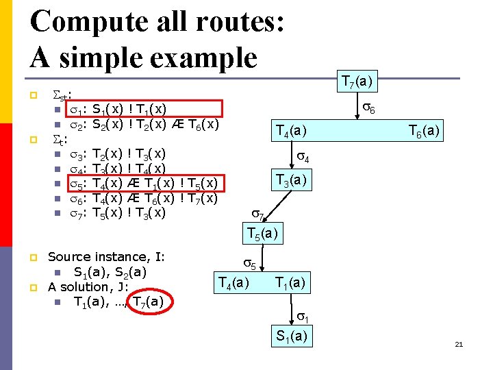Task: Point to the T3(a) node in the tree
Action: (x=293, y=181)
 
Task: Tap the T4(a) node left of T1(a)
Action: (x=233, y=282)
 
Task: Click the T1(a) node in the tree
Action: (x=291, y=282)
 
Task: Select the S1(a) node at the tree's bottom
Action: (x=292, y=336)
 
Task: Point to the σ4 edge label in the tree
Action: (x=302, y=159)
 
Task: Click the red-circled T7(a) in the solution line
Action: (x=148, y=301)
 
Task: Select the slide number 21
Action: (x=459, y=344)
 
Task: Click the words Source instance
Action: (x=106, y=257)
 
